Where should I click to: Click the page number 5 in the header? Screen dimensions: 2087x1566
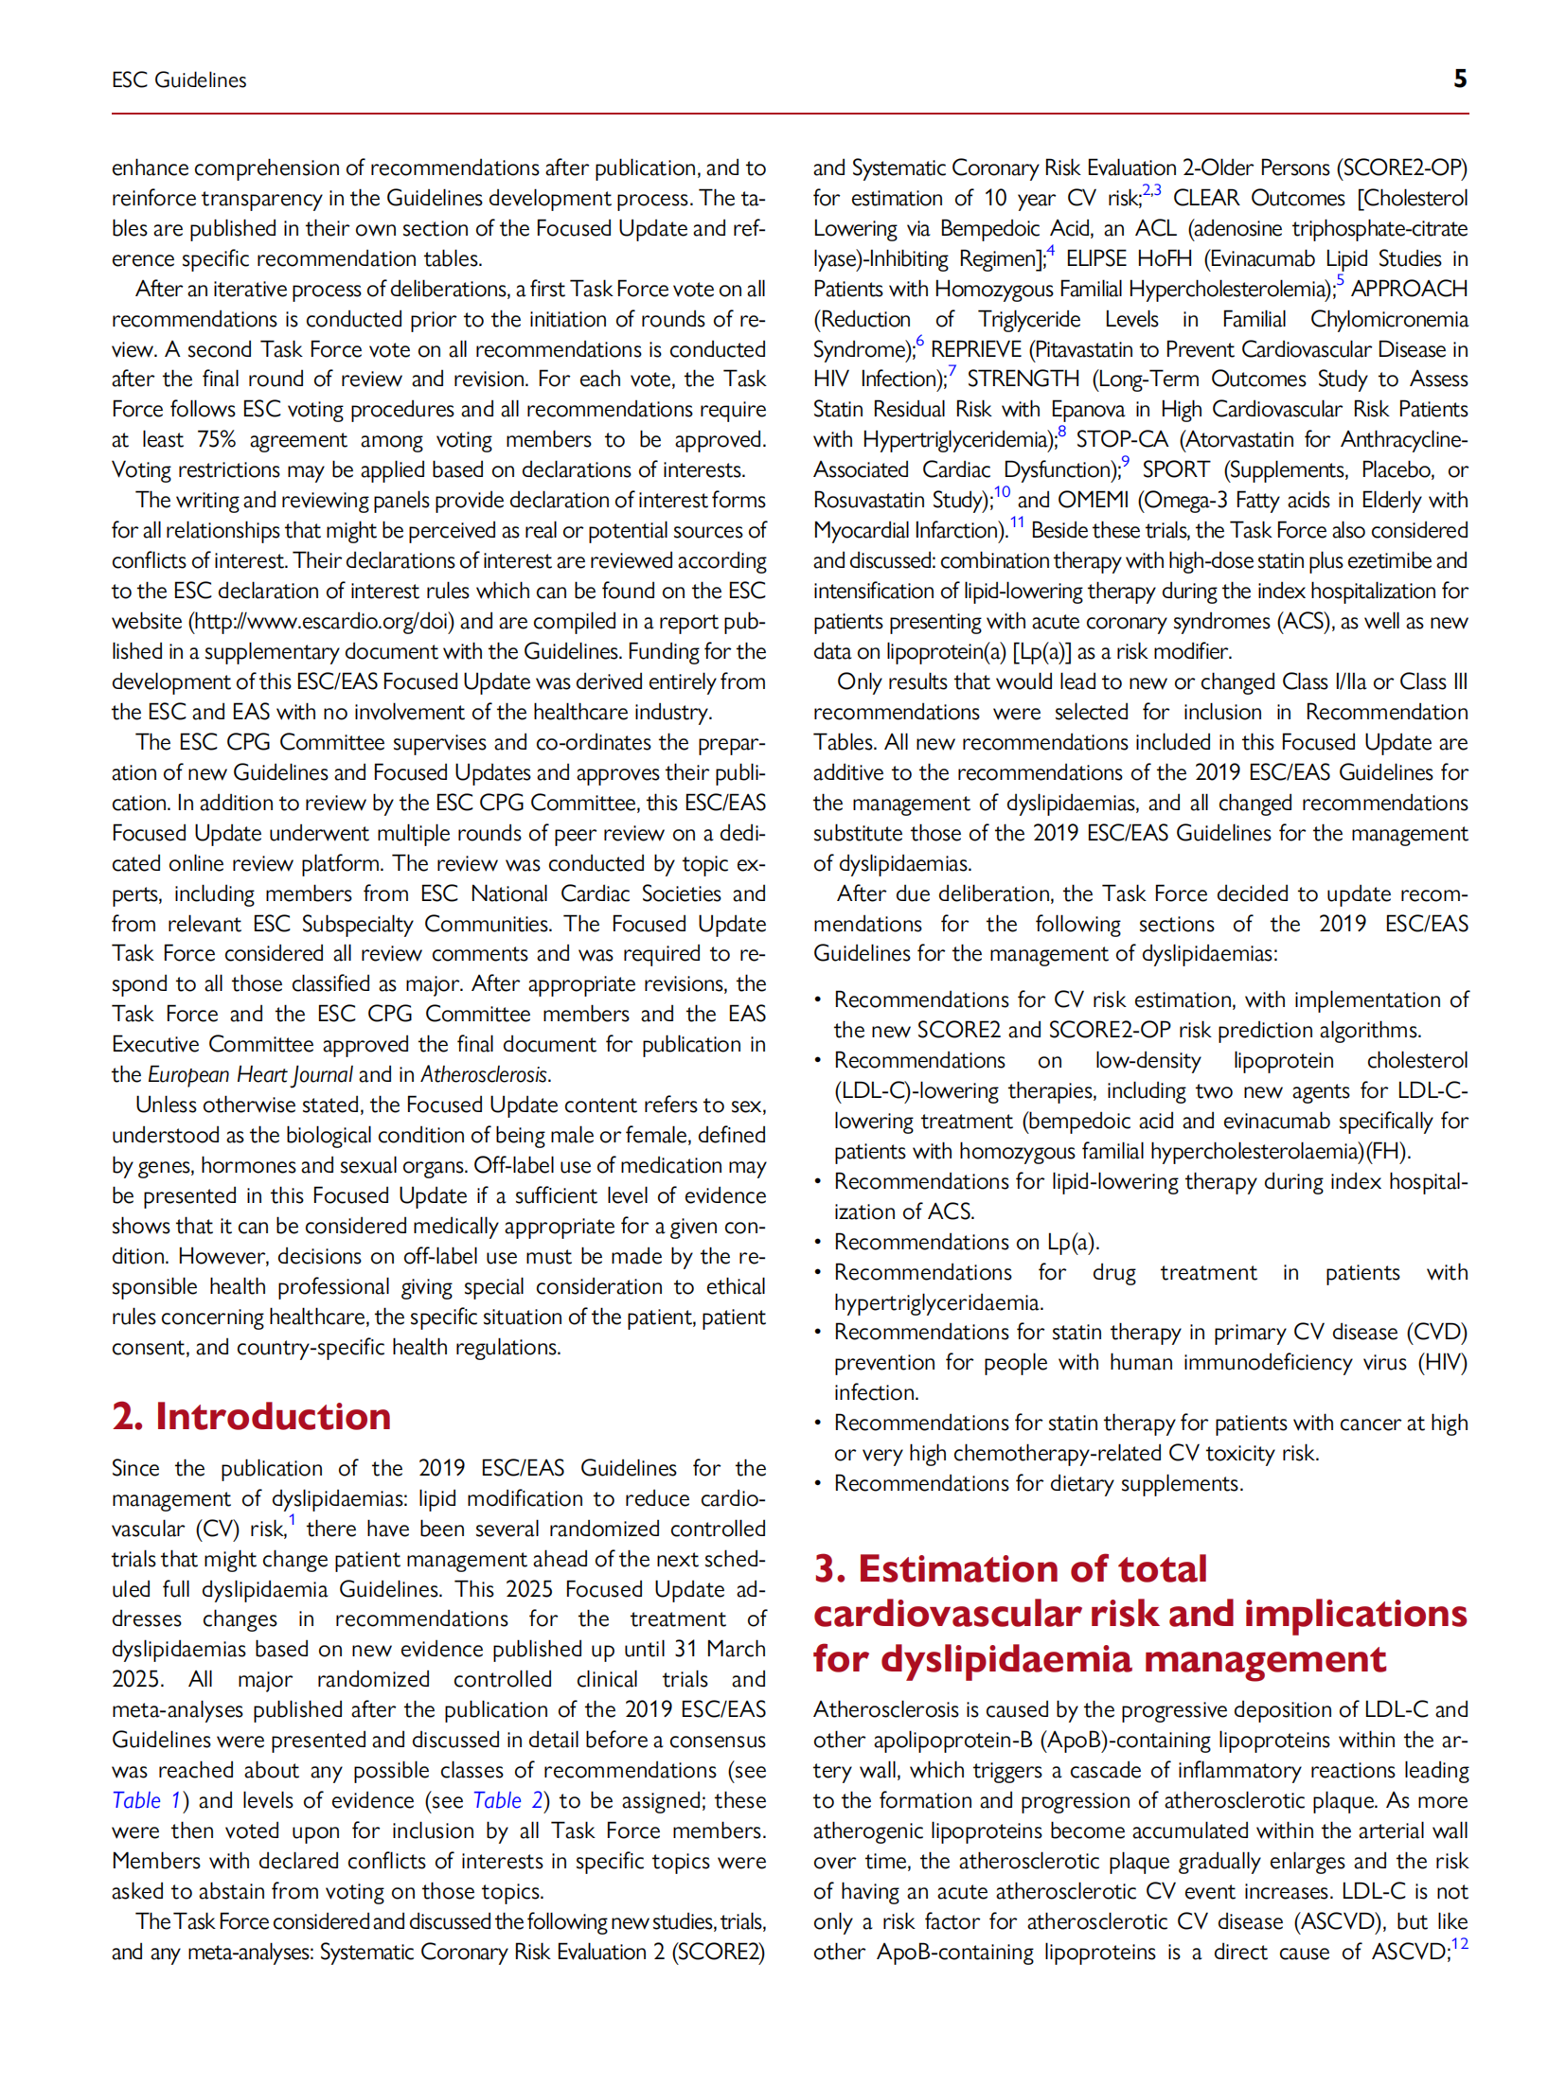click(1459, 79)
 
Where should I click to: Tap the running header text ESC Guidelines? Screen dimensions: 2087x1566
click(179, 80)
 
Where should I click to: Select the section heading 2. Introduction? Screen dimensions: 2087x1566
click(251, 1416)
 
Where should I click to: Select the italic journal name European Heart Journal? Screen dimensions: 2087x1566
click(250, 1074)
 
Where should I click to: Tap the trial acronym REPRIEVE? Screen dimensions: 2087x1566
click(976, 349)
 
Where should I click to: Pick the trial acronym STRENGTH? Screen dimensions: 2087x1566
click(1023, 379)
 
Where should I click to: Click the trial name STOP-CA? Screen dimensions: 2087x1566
click(1121, 439)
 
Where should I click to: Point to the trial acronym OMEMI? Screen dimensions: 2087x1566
click(1093, 500)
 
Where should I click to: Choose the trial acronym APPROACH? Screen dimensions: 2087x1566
click(1409, 289)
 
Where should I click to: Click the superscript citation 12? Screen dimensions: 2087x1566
click(1459, 1944)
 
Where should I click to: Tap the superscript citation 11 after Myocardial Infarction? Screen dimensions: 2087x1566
click(1017, 522)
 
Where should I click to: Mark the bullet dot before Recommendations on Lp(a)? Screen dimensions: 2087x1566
click(818, 1242)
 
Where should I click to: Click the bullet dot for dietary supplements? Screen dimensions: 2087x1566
click(818, 1483)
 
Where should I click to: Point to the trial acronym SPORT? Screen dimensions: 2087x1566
click(1175, 469)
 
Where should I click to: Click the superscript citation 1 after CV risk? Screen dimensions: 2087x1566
click(293, 1521)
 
